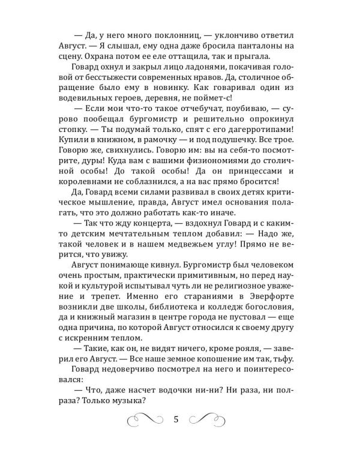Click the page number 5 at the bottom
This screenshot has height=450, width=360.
(176, 419)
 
